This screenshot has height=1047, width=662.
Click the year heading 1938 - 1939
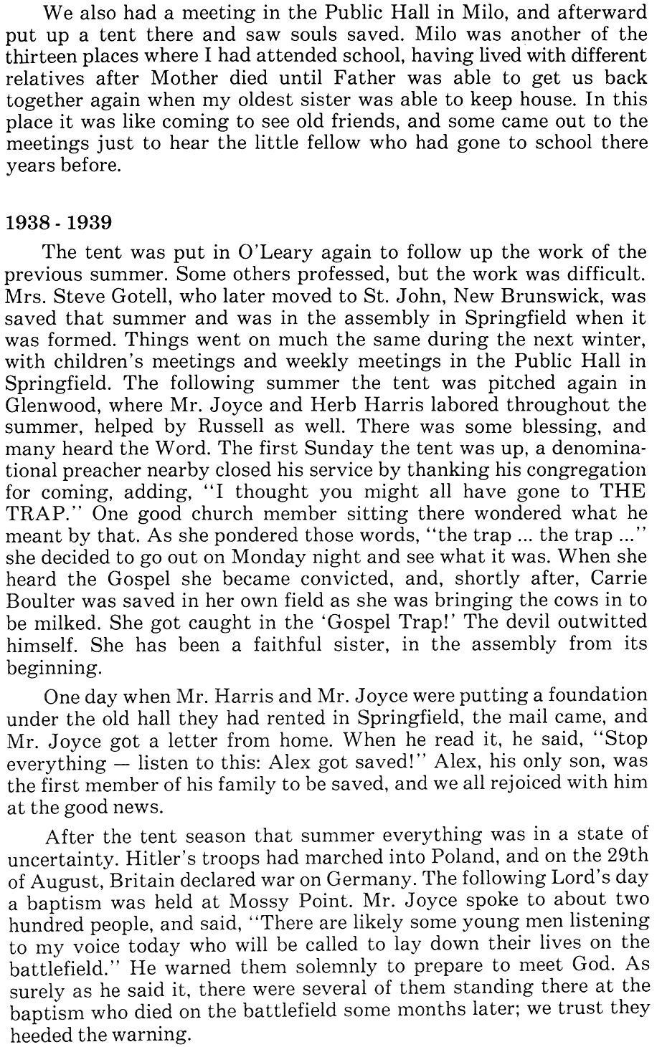[x=59, y=222]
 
